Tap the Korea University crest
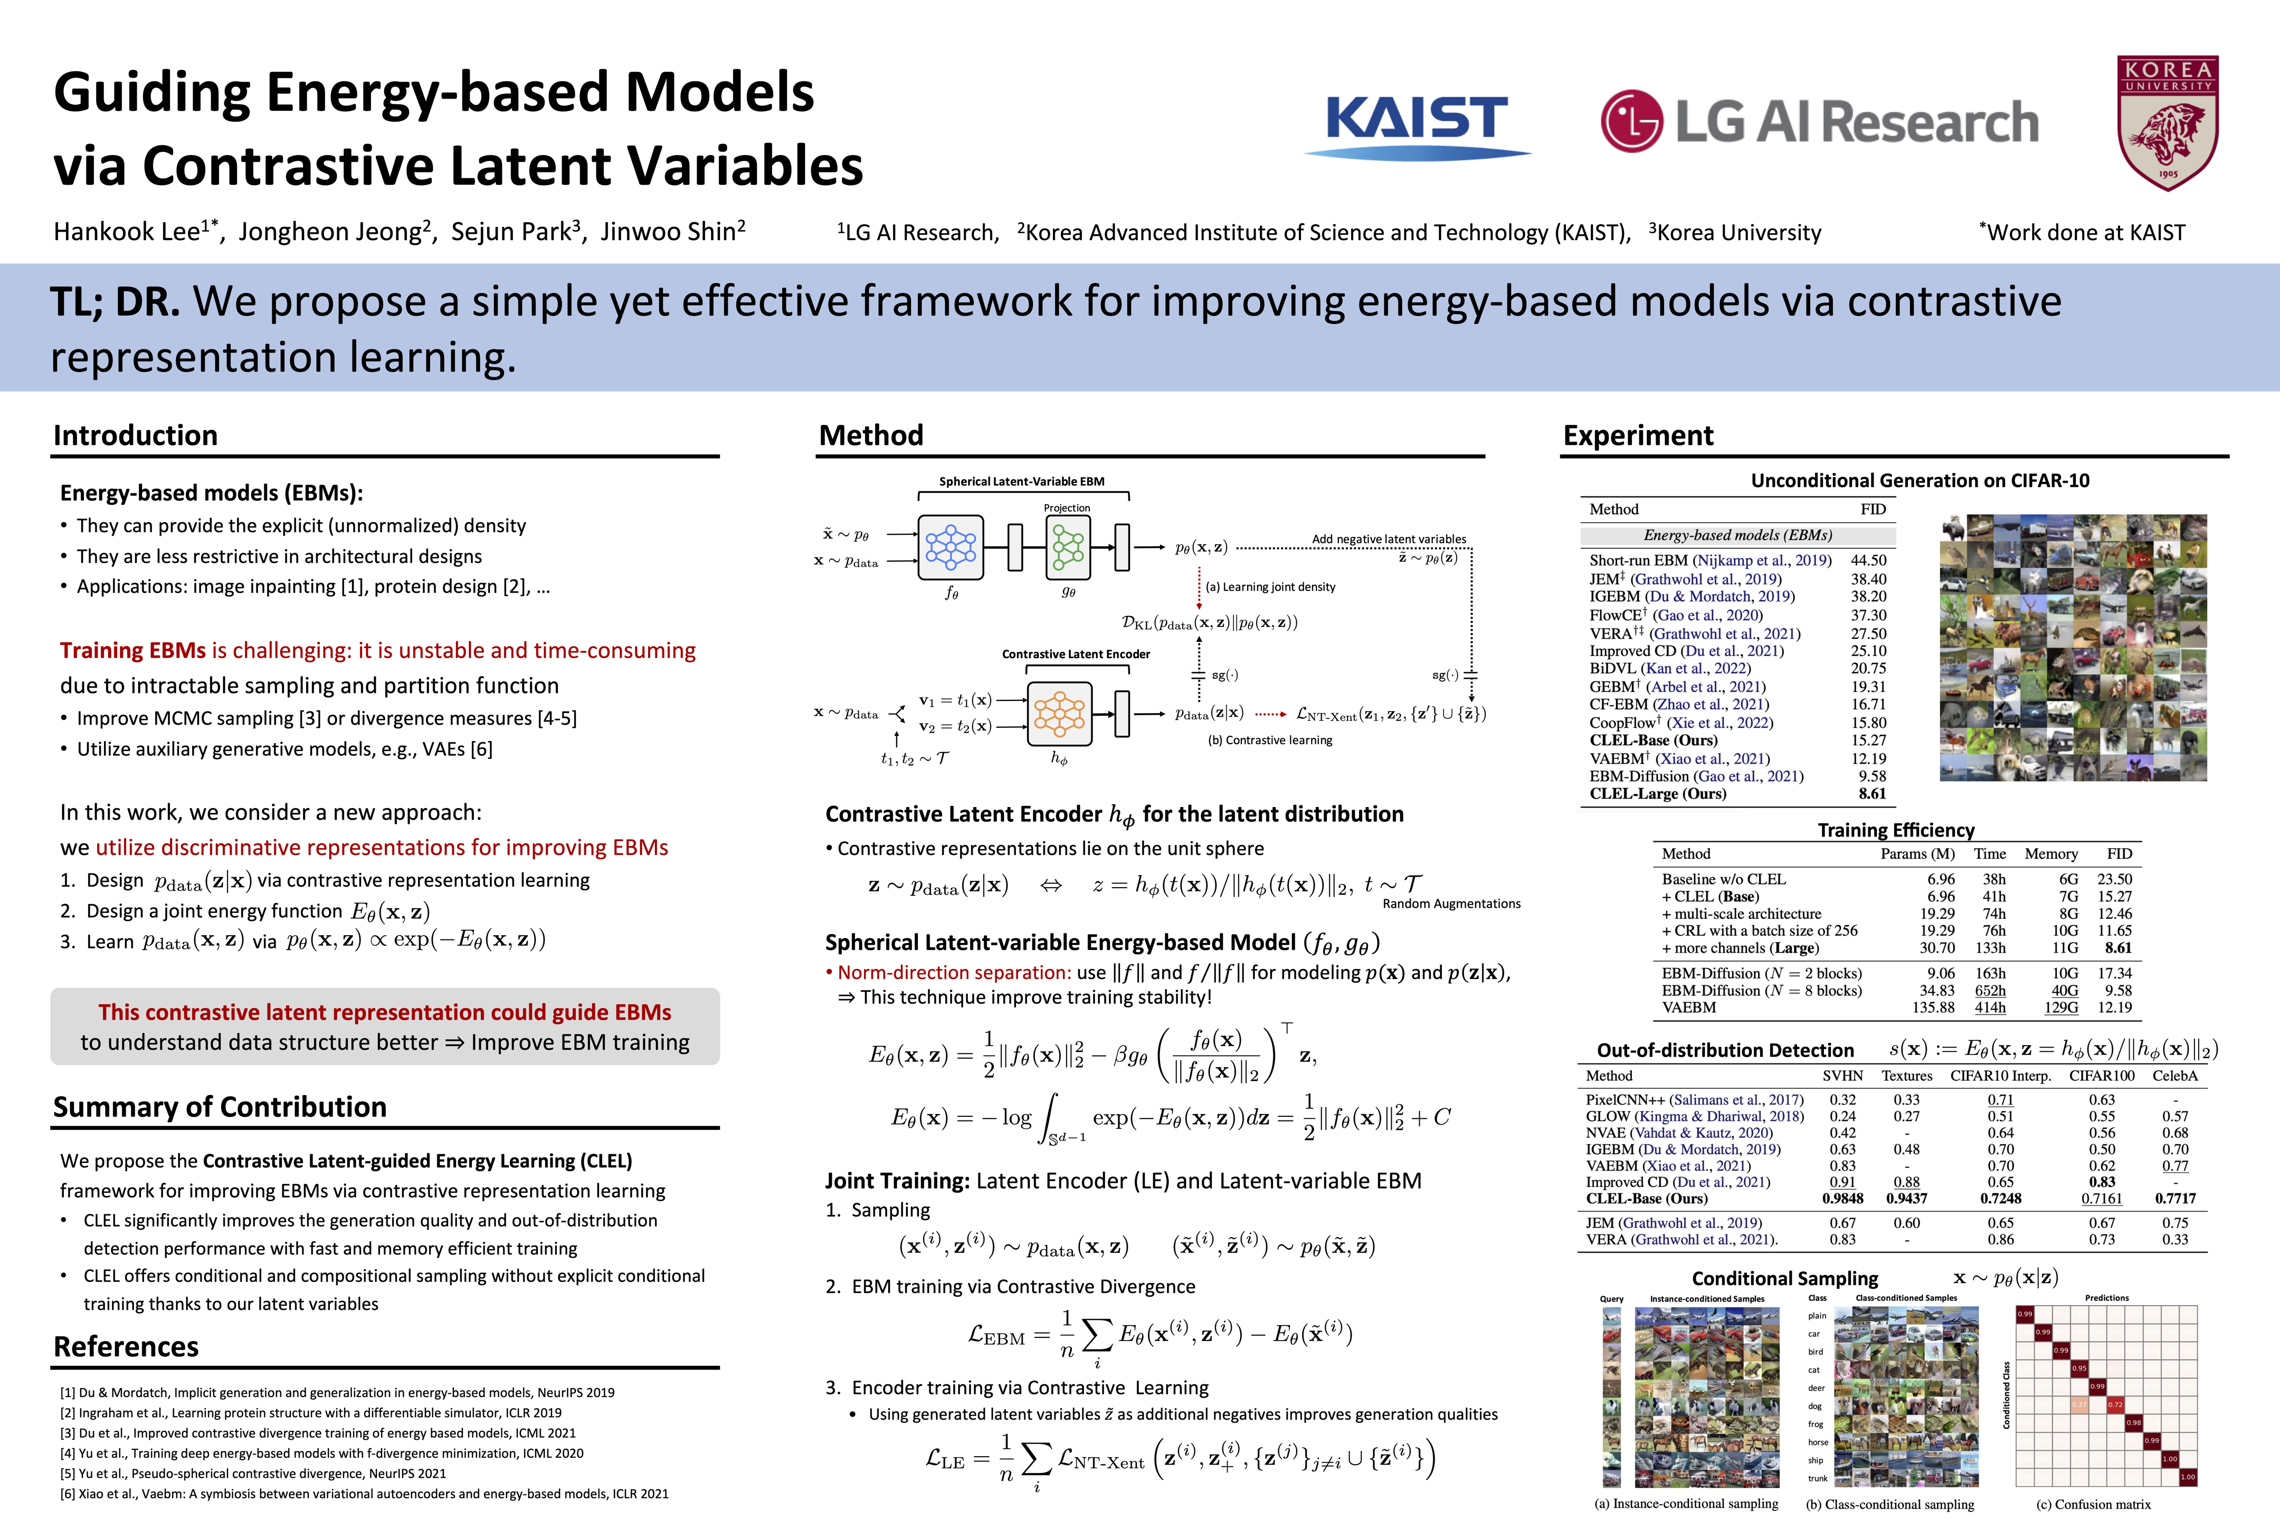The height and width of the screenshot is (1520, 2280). click(2168, 122)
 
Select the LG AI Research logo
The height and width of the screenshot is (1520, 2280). click(1820, 122)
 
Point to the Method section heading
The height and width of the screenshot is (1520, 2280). click(870, 435)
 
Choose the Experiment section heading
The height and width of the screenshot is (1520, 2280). click(1637, 435)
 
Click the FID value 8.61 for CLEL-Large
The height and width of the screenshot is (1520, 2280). click(1872, 794)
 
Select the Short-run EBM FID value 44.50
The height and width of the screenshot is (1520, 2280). click(1868, 560)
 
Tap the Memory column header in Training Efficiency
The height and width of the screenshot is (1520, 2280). click(2050, 854)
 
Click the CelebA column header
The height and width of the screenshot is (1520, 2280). click(2174, 1076)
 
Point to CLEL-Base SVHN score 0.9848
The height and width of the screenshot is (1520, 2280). click(1842, 1198)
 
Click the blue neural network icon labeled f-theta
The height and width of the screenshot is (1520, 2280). click(951, 547)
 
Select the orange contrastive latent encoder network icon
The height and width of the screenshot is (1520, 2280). click(1060, 714)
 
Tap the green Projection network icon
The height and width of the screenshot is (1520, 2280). click(1067, 547)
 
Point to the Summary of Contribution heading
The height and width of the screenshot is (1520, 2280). click(219, 1107)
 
